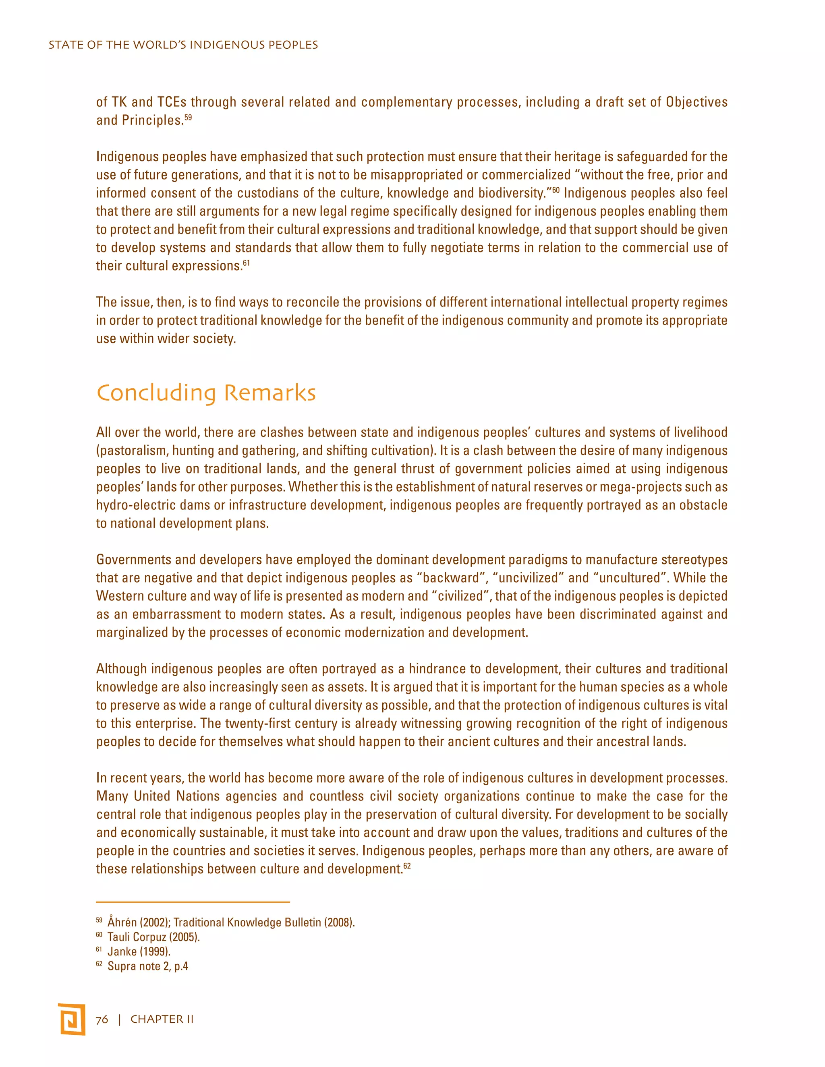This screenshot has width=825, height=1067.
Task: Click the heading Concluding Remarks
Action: pos(206,393)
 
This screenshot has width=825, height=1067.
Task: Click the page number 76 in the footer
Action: pos(102,1019)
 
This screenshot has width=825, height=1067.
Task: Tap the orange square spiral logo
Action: pos(71,1019)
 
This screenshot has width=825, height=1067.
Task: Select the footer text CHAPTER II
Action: pos(162,1019)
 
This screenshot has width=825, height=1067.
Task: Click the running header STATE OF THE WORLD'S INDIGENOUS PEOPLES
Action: pos(183,45)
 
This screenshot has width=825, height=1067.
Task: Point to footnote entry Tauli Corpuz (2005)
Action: pos(153,937)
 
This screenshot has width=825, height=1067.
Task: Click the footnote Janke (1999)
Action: pos(139,952)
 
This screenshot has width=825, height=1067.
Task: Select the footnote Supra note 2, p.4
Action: pos(147,966)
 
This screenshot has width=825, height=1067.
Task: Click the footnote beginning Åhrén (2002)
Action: pos(231,922)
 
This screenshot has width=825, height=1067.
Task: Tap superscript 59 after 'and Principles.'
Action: pos(188,117)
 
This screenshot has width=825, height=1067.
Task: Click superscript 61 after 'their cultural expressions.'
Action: pos(246,263)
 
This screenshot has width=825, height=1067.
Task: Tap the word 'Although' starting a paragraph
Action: pos(121,669)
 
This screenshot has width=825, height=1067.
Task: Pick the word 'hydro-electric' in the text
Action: pos(126,505)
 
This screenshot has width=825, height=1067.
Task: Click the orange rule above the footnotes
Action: pos(193,902)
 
